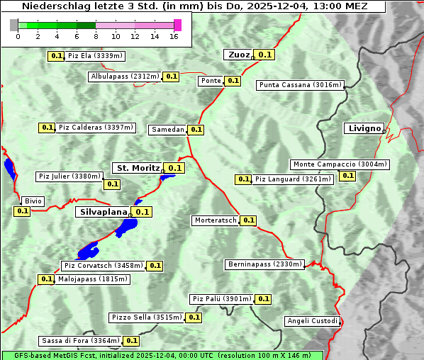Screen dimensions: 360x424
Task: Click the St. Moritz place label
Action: point(138,168)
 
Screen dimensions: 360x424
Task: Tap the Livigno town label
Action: point(364,128)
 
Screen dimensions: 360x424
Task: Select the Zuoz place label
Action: point(238,55)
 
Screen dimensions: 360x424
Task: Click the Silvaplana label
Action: point(103,212)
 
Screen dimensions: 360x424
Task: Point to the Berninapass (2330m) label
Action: point(265,264)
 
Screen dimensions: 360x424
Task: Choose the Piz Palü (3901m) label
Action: point(222,299)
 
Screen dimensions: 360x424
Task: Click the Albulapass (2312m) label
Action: point(125,77)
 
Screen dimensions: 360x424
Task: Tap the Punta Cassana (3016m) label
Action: point(300,85)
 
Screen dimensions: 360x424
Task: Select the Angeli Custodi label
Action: point(313,321)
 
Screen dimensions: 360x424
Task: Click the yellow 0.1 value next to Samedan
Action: point(196,130)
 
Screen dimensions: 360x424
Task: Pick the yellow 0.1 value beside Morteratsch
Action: point(248,220)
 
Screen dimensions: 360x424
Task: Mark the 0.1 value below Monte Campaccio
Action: point(347,176)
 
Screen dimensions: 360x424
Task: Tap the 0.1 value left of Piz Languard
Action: point(243,179)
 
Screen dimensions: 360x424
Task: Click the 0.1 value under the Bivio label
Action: point(22,211)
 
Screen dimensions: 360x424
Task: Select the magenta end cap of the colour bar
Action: point(177,25)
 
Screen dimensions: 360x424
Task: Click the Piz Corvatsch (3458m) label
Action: point(104,266)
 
